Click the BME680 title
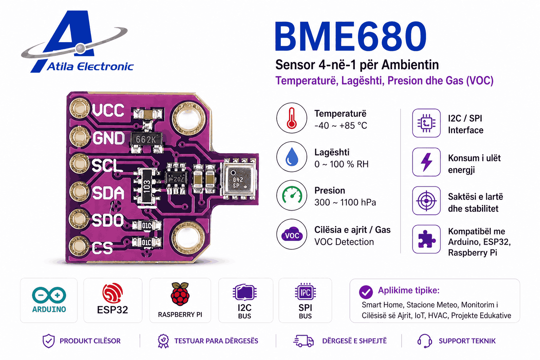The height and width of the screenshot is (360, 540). pos(351,36)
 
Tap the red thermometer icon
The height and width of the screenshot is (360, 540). pos(291,118)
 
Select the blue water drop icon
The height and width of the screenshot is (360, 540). pos(292,157)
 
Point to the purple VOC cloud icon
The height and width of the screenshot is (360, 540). pos(292,234)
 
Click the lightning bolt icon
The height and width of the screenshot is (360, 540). pos(426,162)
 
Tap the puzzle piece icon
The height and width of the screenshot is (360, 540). pos(426,239)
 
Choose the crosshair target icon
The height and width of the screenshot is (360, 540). pos(426,201)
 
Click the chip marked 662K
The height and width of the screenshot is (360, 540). pos(146,139)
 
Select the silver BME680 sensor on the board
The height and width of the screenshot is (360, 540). pos(239,179)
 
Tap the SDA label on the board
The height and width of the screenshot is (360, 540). pos(108,193)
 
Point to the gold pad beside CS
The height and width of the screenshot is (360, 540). pos(79,246)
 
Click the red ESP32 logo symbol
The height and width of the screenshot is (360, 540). pos(112,293)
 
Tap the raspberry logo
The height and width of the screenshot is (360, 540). pos(180,294)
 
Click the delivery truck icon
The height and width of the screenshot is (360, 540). pos(303,341)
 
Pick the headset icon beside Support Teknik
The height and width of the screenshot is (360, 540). pos(424,341)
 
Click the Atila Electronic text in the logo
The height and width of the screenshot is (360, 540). pos(90,66)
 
